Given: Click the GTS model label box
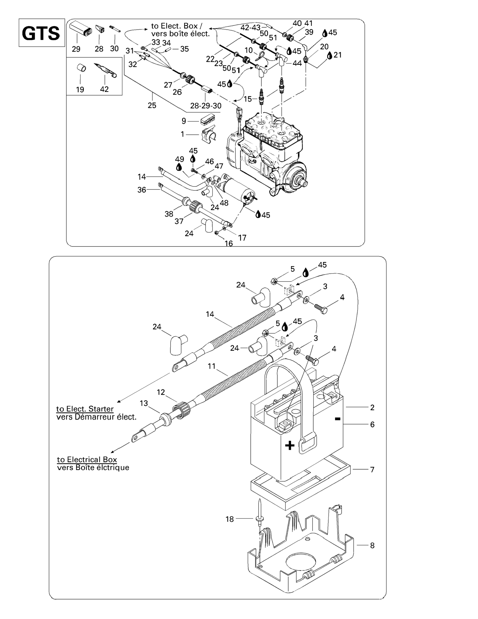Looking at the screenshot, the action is click(42, 33).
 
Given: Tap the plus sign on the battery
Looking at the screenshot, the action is click(290, 446).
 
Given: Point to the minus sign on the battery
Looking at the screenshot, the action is click(337, 419).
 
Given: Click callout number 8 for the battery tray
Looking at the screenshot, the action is click(372, 545).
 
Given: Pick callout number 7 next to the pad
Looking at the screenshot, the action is click(372, 470).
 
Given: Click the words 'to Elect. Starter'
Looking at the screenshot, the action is click(85, 409).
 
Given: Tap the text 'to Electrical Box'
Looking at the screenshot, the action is click(87, 459).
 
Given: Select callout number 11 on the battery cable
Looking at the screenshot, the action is click(211, 366).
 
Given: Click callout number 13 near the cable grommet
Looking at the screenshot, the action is click(144, 403).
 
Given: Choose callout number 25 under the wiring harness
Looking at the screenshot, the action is click(152, 105).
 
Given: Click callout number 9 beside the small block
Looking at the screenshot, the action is click(184, 121).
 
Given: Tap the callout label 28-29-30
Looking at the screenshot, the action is click(206, 106).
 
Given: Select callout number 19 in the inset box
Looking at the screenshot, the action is click(80, 89).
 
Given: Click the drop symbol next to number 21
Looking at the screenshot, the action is click(330, 56).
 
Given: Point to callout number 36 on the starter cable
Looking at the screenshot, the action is click(142, 190).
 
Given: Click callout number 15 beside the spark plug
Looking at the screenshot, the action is click(248, 99).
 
